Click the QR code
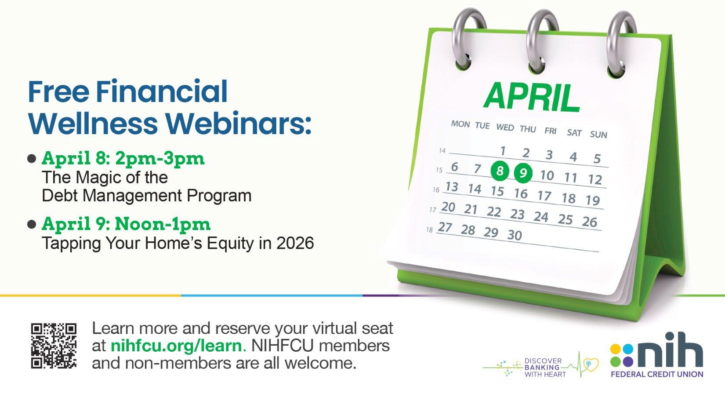(54, 346)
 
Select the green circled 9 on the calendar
(523, 173)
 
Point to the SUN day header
(598, 135)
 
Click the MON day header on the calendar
(460, 124)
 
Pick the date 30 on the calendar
(515, 235)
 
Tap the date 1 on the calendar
(503, 151)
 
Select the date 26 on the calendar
(589, 222)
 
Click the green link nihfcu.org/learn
(176, 346)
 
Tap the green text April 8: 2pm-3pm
(123, 158)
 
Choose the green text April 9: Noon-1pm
(126, 224)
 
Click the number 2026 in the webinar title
(295, 243)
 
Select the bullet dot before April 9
(32, 224)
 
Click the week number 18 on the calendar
(429, 229)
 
